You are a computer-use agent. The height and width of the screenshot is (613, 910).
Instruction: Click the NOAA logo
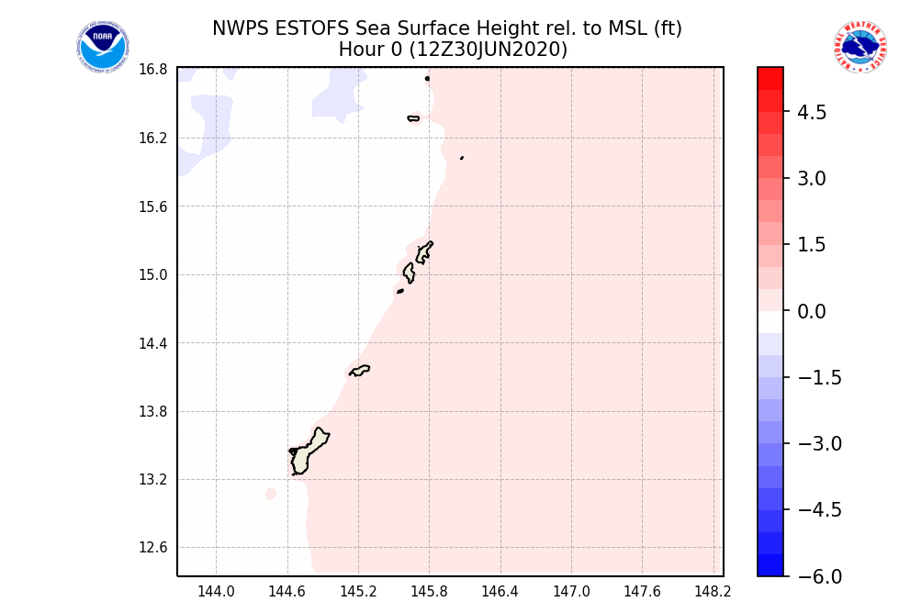[103, 47]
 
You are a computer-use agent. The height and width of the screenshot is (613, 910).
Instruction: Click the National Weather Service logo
[859, 47]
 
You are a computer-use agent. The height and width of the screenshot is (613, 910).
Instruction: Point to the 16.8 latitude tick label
[152, 70]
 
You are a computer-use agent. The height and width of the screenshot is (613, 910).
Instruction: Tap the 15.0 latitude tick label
[152, 275]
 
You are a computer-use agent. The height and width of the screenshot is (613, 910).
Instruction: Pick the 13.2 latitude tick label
[152, 480]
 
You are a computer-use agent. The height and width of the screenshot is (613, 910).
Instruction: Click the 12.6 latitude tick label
[152, 549]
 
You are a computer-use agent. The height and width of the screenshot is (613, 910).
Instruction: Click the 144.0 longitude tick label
[216, 592]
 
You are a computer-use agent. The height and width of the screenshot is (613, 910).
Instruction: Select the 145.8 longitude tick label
[429, 592]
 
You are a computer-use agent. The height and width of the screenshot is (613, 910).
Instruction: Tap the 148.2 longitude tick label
[713, 592]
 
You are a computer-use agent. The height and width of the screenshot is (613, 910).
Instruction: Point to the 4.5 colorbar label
[812, 113]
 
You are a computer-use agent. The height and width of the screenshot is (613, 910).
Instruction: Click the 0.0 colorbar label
[812, 312]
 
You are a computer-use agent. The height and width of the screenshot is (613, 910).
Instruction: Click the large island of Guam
[307, 451]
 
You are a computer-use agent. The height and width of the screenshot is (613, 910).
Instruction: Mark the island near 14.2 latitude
[359, 371]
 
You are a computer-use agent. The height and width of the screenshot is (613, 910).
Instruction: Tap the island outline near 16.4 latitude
[413, 118]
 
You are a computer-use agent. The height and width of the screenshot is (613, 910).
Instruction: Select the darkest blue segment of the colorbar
[770, 565]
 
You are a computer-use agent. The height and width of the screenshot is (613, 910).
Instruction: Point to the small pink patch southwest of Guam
[271, 494]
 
